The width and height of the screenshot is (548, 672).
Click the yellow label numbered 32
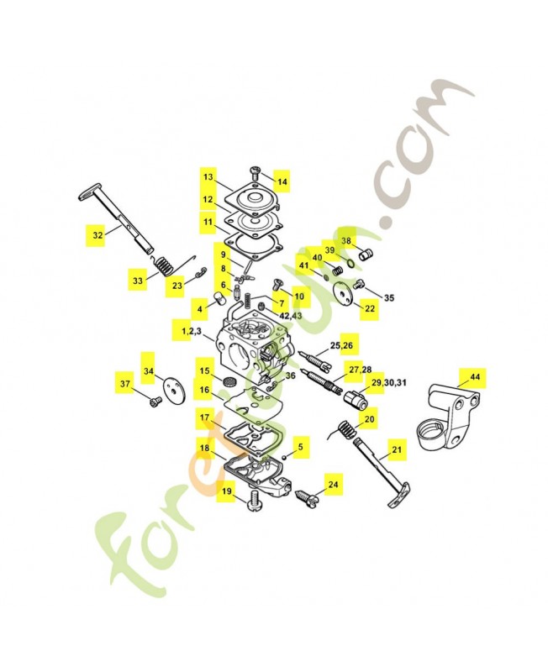pos(97,236)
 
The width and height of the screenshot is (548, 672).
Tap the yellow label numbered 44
pos(475,378)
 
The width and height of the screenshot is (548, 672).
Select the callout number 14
pos(282,181)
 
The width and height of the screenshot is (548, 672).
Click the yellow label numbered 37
pos(125,384)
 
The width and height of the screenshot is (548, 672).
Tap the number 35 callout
pos(389,298)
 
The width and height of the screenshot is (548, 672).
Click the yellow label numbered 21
pos(397,450)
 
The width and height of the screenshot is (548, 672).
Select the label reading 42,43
pos(291,315)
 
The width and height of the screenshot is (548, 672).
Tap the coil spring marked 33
pos(166,268)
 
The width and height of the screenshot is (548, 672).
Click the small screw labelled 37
pos(153,401)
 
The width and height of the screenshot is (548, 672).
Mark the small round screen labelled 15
pos(228,381)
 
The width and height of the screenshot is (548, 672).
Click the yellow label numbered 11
pos(207,223)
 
